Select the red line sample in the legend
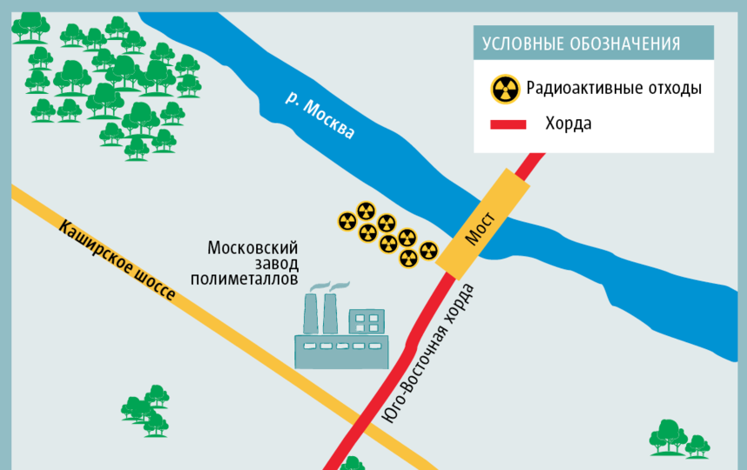tap(508, 124)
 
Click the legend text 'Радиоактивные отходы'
tap(614, 88)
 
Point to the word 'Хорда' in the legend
tap(569, 124)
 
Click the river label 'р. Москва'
tap(320, 117)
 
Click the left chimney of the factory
tap(311, 314)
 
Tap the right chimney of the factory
tap(331, 314)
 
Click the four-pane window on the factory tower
tap(367, 323)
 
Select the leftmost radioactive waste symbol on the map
tap(347, 222)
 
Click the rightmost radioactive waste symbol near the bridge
tap(427, 251)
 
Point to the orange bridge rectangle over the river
tap(484, 221)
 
